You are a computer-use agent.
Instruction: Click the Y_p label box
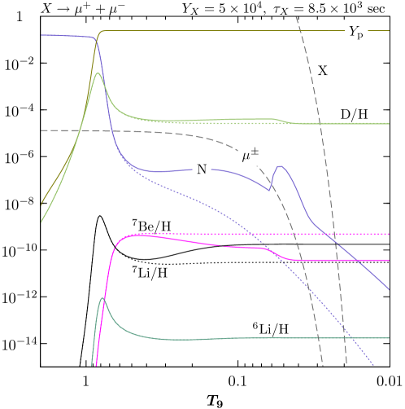pos(356,33)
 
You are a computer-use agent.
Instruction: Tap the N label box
pos(202,169)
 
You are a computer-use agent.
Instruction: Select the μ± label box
pos(250,154)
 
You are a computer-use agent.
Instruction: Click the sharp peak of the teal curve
pos(102,298)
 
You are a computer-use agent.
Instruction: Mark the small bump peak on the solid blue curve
pos(279,166)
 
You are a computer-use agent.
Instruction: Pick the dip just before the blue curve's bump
pos(270,190)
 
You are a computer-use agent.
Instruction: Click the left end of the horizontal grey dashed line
pos(41,130)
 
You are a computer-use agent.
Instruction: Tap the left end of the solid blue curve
pos(41,35)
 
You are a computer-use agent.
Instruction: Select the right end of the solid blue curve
pos(390,291)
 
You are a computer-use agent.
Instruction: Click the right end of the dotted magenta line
pos(390,234)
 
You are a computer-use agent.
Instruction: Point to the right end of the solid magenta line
pos(390,261)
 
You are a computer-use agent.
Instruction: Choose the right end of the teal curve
pos(390,337)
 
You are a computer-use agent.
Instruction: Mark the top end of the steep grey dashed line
pos(296,16)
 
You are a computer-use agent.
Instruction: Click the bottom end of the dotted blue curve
pos(375,366)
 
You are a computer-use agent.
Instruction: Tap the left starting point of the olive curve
pos(41,204)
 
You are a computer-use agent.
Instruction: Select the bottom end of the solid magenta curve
pos(97,366)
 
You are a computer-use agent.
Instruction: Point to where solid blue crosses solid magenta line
pos(356,261)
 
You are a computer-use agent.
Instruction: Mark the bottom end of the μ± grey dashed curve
pos(323,366)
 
